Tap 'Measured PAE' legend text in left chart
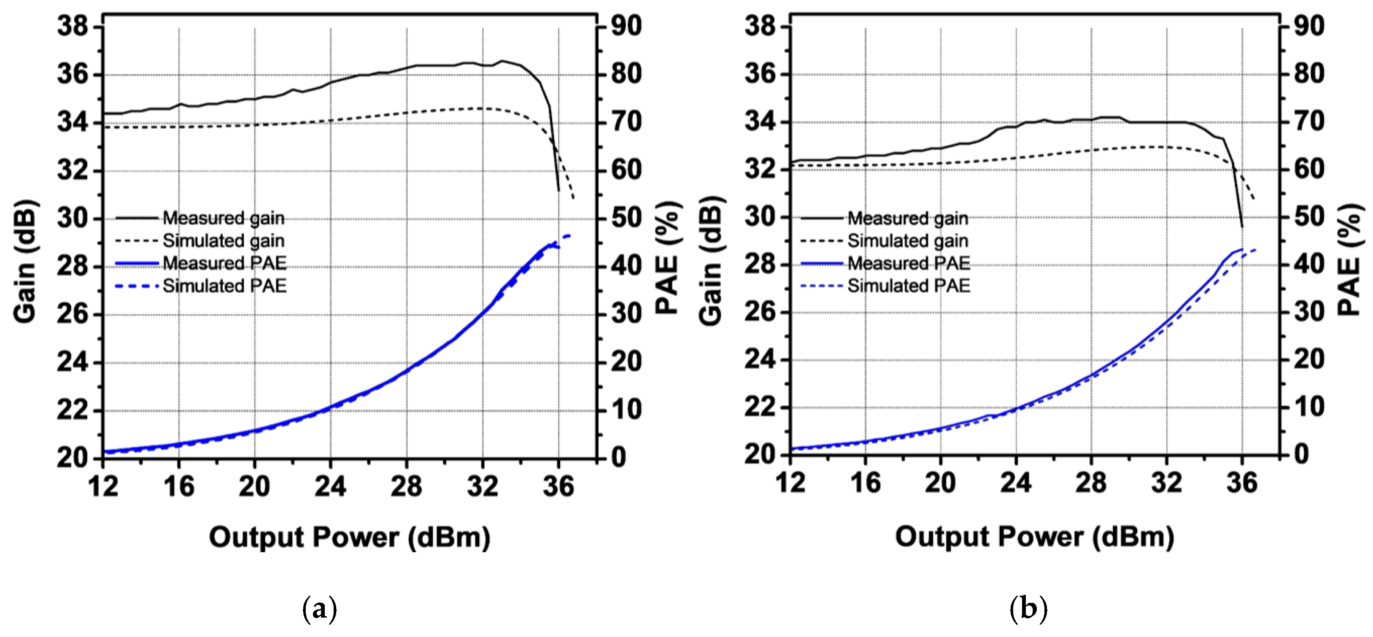pyautogui.click(x=224, y=263)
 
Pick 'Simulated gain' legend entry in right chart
pyautogui.click(x=908, y=241)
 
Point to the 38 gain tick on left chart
pyautogui.click(x=73, y=26)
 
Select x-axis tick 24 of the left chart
pyautogui.click(x=330, y=486)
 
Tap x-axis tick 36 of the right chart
pyautogui.click(x=1242, y=483)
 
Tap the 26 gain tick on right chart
pyautogui.click(x=760, y=312)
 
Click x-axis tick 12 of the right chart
pyautogui.click(x=790, y=483)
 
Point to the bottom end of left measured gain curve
pyautogui.click(x=558, y=190)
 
